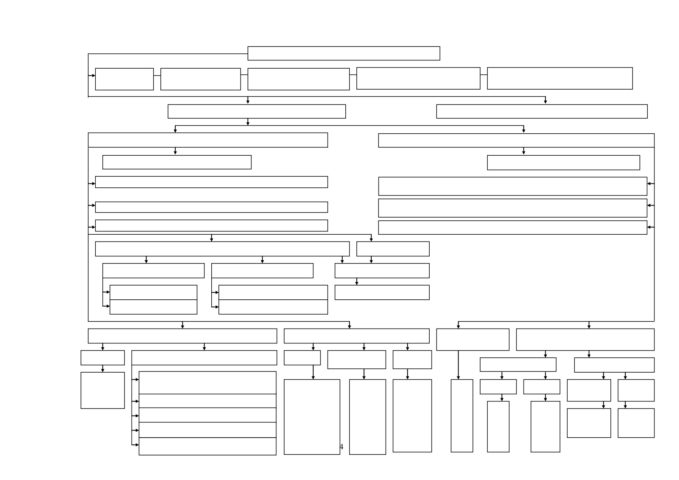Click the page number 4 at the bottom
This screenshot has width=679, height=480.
coord(341,447)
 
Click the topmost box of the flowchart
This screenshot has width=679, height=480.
coord(344,53)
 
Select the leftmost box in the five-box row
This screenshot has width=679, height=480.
coord(124,79)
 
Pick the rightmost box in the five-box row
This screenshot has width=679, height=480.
coord(560,78)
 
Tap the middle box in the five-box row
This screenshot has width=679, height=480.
coord(298,79)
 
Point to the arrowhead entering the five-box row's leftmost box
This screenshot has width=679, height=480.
coord(94,75)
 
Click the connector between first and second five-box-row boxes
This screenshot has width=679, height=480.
coord(157,75)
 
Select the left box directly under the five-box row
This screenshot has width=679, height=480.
coord(257,111)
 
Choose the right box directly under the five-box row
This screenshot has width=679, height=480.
coord(542,111)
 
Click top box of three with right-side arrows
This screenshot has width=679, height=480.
coord(513,186)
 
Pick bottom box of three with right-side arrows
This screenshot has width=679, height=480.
coord(513,228)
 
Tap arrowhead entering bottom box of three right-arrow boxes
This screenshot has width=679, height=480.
coord(649,227)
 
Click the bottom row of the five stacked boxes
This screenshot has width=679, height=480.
coord(207,446)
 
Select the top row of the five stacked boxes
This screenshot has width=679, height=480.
coord(207,383)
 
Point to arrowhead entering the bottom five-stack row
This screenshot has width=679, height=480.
coord(137,445)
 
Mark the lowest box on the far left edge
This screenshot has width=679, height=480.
coord(102,390)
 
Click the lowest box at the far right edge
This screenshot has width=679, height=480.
coord(636,423)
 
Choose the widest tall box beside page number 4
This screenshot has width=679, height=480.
coord(312,417)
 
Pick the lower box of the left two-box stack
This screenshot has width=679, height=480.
coord(153,307)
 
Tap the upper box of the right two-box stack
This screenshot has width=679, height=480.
coord(273,292)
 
